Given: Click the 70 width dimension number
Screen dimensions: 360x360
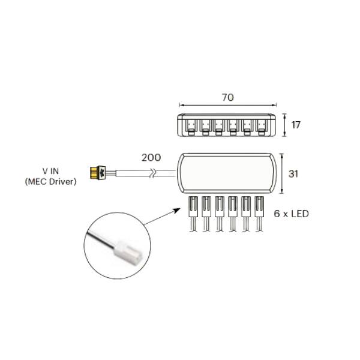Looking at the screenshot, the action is click(x=228, y=98).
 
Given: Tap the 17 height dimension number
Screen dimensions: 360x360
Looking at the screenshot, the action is click(x=296, y=125).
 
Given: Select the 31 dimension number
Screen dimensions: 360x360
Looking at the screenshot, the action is click(x=293, y=174).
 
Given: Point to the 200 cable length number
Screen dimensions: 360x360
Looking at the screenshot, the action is click(x=151, y=157).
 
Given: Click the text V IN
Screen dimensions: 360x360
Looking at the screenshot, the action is click(x=50, y=171).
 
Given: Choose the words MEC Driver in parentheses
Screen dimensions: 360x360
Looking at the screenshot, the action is click(x=50, y=182).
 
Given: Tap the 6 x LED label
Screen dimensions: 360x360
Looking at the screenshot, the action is click(x=291, y=214).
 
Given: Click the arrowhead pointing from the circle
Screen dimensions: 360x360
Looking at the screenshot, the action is click(x=177, y=210).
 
